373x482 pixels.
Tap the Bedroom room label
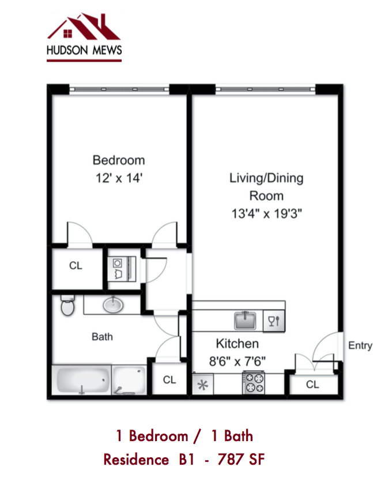pos(119,160)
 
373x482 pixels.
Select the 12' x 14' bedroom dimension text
pos(119,178)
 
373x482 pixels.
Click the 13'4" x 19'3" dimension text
pos(266,213)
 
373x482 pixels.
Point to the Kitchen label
pos(237,344)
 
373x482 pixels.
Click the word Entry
pos(360,346)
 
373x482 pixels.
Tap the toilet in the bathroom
pos(67,306)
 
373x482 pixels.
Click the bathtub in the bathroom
pos(84,381)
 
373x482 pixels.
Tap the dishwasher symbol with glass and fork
pos(274,321)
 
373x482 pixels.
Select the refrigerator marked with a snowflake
pos(202,385)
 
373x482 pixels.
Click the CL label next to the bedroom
pos(76,266)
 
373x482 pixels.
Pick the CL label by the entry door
pos(312,385)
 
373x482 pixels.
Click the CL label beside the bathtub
pos(169,380)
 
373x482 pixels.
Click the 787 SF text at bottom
pos(240,460)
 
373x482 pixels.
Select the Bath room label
pos(102,337)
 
